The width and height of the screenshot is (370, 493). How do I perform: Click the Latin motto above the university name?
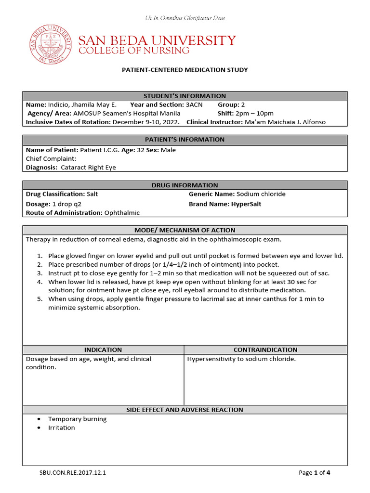click(x=185, y=18)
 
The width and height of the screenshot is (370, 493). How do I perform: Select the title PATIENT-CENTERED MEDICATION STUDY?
click(x=185, y=70)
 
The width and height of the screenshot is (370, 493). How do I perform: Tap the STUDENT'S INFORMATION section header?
click(x=185, y=96)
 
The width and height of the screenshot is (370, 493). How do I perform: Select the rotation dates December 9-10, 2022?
click(x=146, y=122)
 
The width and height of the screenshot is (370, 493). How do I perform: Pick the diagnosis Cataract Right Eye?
click(x=88, y=168)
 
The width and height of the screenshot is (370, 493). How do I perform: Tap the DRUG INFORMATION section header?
click(x=185, y=185)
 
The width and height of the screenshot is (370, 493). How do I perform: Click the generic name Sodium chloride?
click(x=261, y=194)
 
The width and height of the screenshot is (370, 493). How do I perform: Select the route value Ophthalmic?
click(x=122, y=212)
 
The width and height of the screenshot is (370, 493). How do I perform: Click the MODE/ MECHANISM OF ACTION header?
click(x=185, y=230)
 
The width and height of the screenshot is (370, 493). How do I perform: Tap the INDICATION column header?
click(x=103, y=350)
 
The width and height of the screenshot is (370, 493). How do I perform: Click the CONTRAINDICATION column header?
click(x=265, y=350)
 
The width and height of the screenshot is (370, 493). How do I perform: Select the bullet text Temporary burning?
click(x=78, y=419)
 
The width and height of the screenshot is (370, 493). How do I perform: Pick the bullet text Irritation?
click(x=62, y=428)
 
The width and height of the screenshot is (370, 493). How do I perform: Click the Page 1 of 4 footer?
click(x=314, y=473)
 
